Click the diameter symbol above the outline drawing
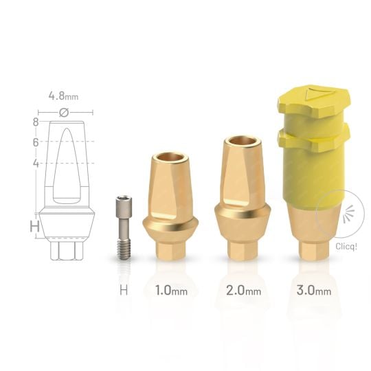pos(64,112)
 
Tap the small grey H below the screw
pos(124,290)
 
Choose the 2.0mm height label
pos(243,290)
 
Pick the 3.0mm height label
pos(313,290)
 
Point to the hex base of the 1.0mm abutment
pos(170,247)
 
